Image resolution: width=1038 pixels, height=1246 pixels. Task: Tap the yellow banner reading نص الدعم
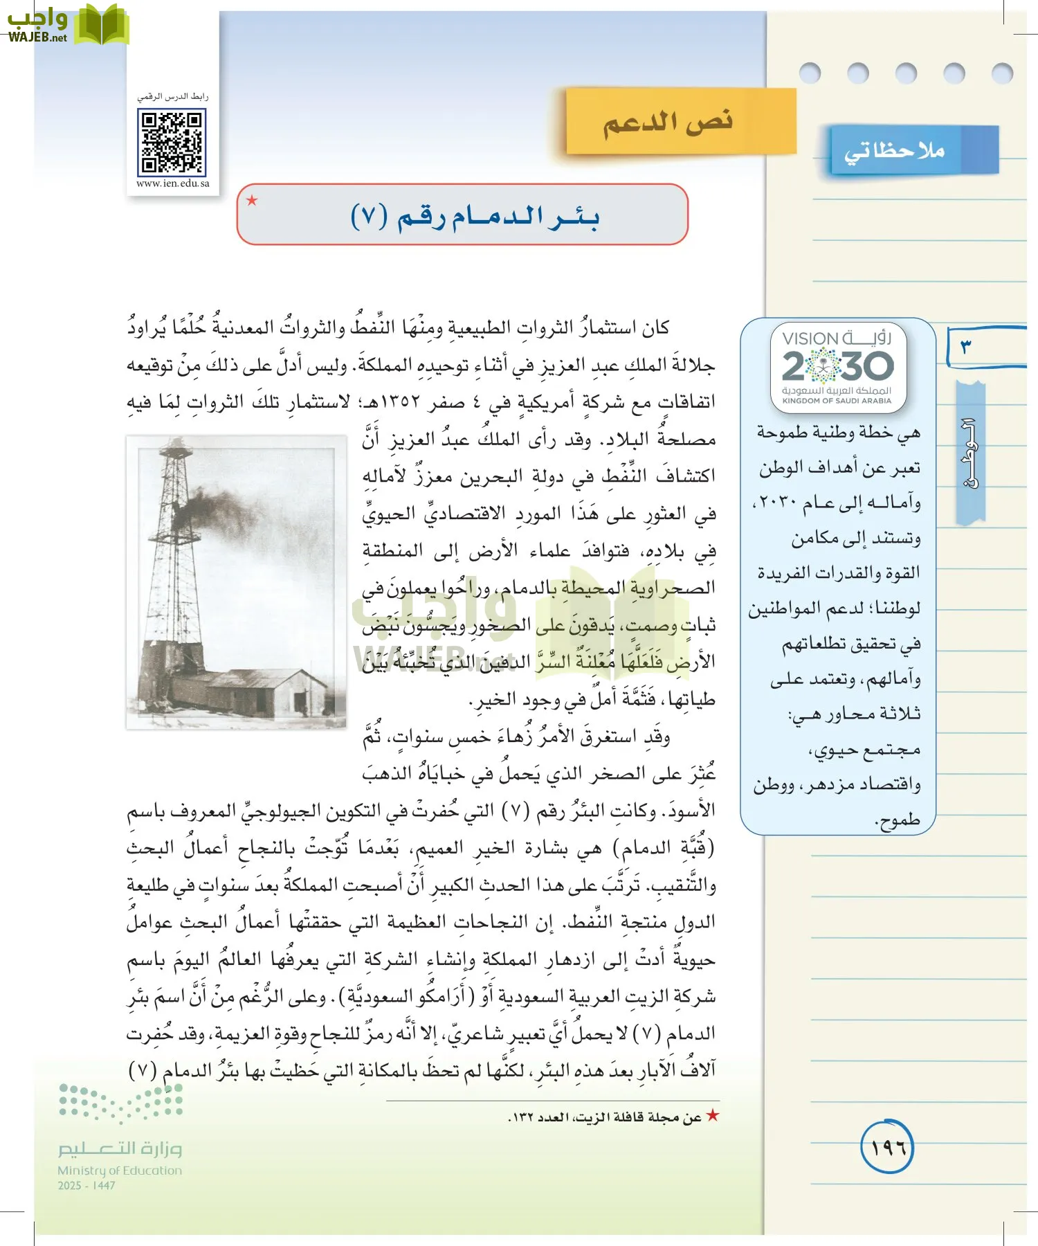coord(668,122)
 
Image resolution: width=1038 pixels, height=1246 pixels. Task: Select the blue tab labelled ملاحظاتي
coord(895,150)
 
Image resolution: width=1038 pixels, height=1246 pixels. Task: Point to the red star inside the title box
coord(252,201)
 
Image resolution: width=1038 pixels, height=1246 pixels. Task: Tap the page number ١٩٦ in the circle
coord(887,1148)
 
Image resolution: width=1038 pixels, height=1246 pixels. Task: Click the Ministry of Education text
coord(120,1170)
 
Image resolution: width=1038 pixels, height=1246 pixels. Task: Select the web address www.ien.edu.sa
coord(173,183)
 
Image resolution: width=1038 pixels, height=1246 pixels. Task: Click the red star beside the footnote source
coord(712,1116)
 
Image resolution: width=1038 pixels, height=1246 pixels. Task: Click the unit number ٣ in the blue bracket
coord(965,345)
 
